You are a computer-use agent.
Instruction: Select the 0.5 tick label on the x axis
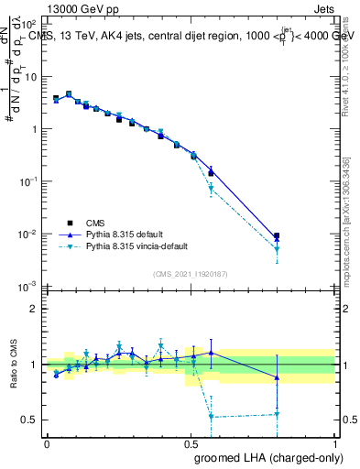click(191, 443)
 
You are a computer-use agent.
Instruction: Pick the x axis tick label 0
click(47, 443)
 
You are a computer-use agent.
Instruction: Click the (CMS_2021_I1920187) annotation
click(190, 273)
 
